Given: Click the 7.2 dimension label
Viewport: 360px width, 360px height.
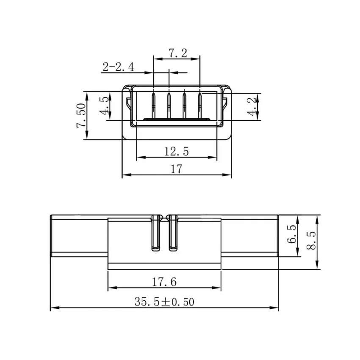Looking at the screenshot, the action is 178,53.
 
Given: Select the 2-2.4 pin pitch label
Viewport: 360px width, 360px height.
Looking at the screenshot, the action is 118,67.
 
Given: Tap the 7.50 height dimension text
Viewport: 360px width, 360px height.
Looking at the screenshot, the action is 81,116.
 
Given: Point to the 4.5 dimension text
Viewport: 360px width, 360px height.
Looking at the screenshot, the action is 104,105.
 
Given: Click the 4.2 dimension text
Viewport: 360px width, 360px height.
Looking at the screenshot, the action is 251,107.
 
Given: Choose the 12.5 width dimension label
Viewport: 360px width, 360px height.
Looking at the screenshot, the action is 176,152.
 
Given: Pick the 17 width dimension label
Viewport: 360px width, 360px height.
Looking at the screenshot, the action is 176,169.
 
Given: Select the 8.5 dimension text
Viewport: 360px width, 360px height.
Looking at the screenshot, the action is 311,241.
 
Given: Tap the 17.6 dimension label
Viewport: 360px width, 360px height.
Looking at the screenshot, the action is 164,282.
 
